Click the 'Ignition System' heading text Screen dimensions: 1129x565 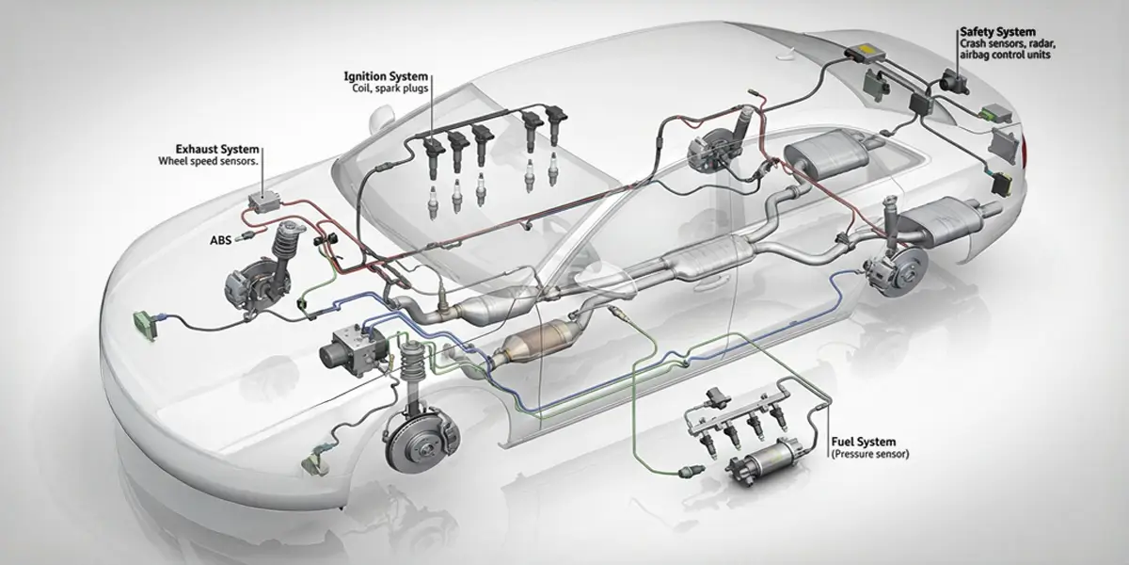(x=386, y=76)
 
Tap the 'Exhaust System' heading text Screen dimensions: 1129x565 (x=217, y=150)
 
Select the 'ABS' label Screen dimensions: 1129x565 (x=220, y=241)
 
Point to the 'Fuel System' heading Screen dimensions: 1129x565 (x=864, y=442)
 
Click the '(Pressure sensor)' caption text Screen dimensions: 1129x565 (x=870, y=454)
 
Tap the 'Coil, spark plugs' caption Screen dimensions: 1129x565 (x=390, y=89)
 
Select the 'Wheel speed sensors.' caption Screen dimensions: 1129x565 (x=208, y=161)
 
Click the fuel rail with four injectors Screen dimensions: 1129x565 (x=736, y=416)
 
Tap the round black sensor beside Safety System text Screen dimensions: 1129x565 (x=954, y=82)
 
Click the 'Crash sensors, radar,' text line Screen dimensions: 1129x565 (x=1008, y=44)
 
